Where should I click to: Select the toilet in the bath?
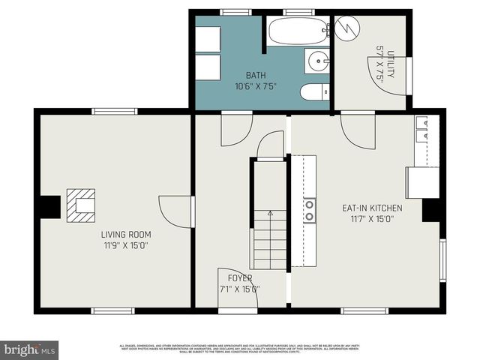click(311, 92)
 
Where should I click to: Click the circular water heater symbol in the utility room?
click(347, 28)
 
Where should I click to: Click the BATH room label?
click(256, 76)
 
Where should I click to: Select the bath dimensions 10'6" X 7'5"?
click(256, 85)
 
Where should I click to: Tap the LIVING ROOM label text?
click(126, 235)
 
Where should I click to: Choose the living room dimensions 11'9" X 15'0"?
click(126, 244)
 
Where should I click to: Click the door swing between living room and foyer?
click(176, 211)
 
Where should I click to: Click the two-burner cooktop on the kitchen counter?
click(309, 211)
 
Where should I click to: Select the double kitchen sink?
click(422, 130)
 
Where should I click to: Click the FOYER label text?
click(240, 278)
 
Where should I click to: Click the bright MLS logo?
click(30, 349)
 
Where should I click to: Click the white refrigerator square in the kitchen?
click(422, 182)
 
